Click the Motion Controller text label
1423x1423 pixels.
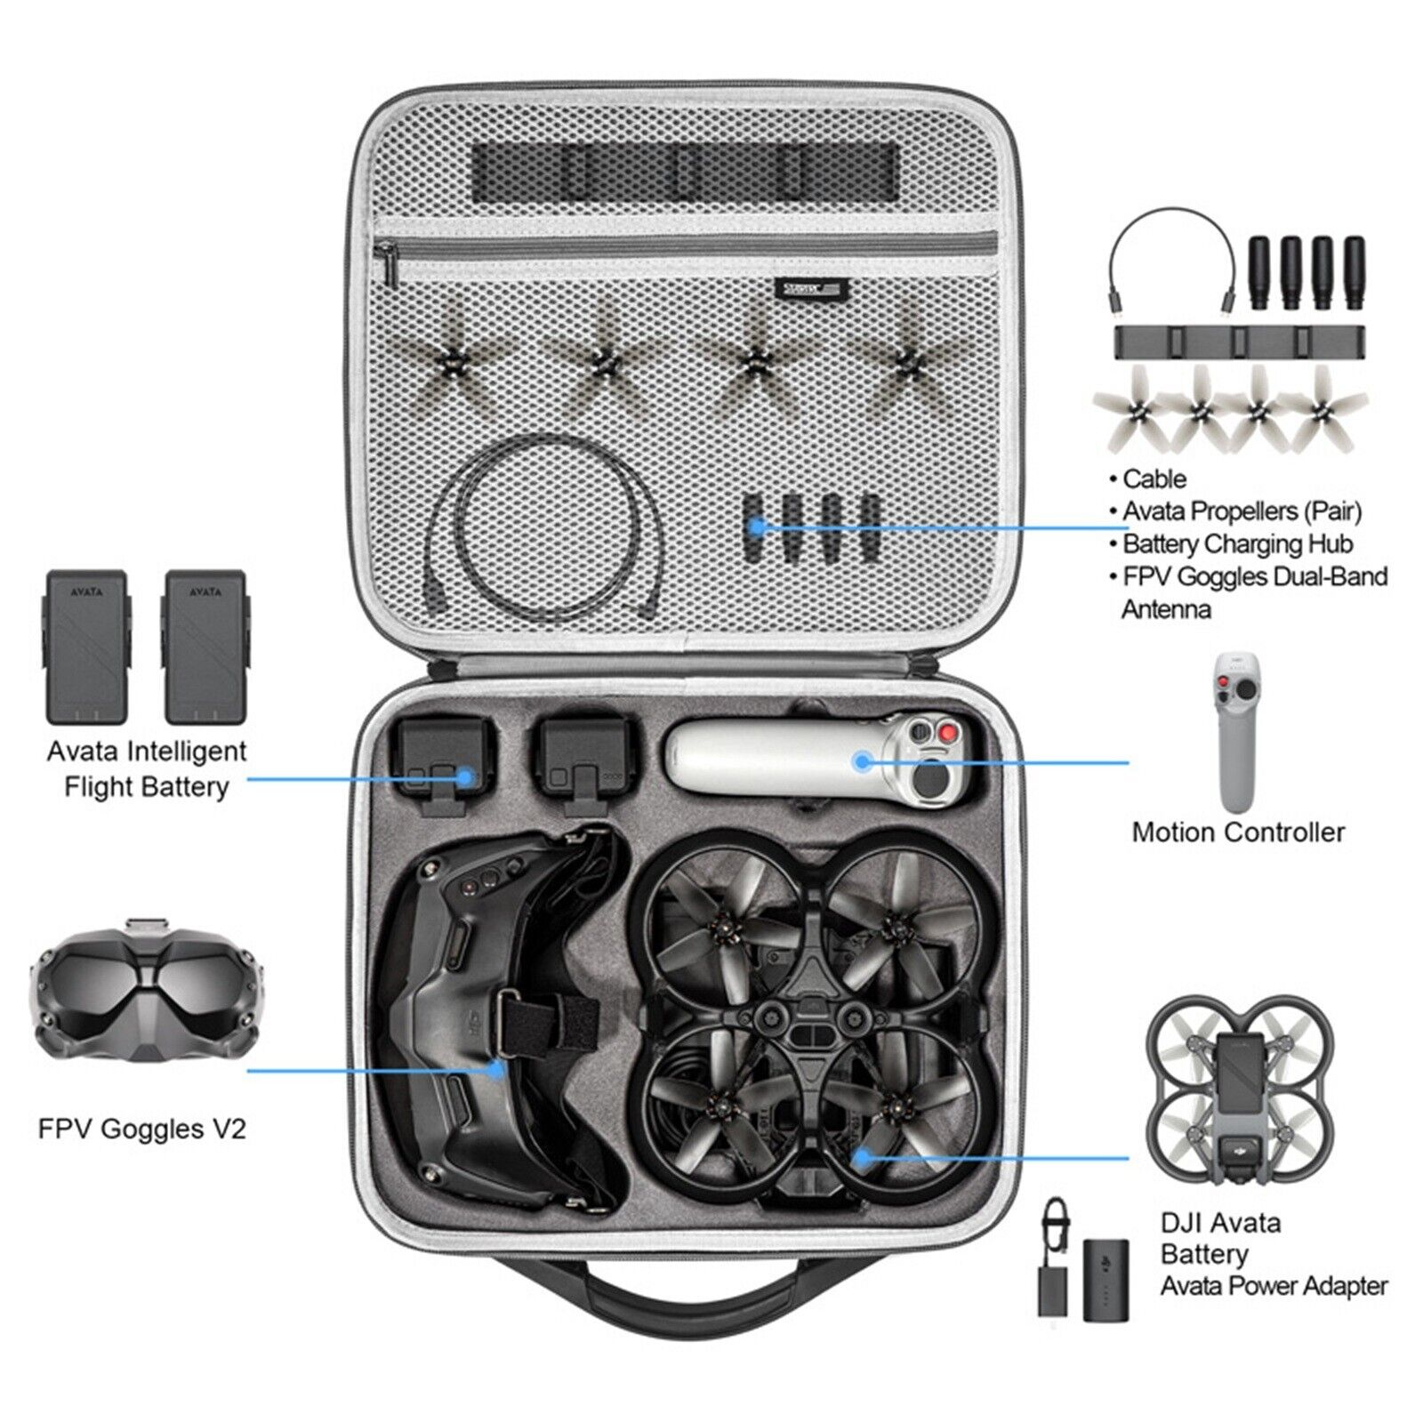[x=1238, y=832]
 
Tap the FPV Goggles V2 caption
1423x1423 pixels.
[x=141, y=1129]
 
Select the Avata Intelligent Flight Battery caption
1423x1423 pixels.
[x=147, y=768]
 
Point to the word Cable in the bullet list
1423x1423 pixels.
[x=1154, y=478]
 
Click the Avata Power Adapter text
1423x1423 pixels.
[x=1274, y=1285]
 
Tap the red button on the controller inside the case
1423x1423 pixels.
[x=953, y=733]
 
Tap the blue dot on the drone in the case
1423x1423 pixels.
[x=861, y=1157]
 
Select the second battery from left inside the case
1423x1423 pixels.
[x=582, y=758]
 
